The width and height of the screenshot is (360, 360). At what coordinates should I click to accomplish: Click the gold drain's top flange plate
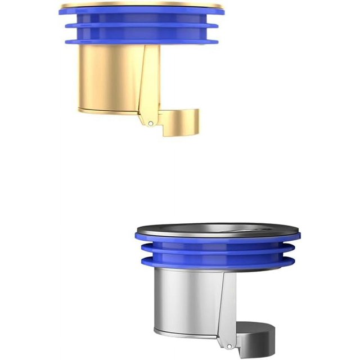141,6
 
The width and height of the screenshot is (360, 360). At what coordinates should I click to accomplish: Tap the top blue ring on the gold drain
141,14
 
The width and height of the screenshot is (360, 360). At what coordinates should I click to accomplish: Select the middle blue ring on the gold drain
141,26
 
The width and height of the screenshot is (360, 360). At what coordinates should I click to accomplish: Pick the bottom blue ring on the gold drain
141,39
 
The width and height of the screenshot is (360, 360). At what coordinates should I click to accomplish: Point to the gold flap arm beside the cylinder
148,84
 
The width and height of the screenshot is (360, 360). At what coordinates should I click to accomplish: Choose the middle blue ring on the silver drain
217,249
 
